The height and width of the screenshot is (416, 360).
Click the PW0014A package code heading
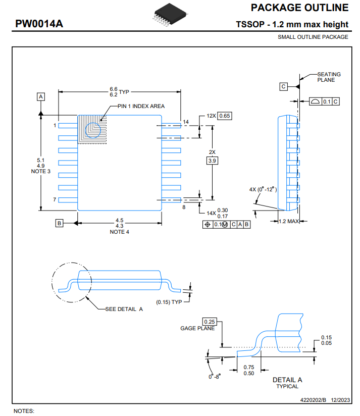click(x=39, y=24)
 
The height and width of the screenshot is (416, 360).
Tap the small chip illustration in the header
click(x=170, y=15)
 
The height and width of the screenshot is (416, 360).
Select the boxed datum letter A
click(x=40, y=96)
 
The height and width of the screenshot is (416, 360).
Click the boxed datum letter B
click(x=59, y=223)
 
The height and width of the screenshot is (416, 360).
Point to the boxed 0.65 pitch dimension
click(x=225, y=116)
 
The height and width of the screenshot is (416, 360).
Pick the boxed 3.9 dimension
click(x=212, y=161)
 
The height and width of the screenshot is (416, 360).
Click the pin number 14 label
click(x=186, y=122)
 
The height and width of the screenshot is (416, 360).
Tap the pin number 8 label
click(x=184, y=207)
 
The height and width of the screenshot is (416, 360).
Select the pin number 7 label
click(x=55, y=199)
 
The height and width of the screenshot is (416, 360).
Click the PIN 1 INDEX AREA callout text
click(x=141, y=106)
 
